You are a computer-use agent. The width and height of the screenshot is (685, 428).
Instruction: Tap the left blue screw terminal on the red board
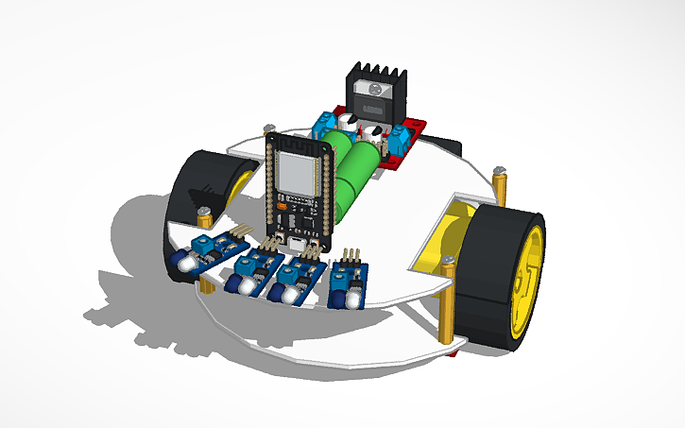pos(326,123)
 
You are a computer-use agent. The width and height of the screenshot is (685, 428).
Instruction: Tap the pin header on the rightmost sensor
pos(351,256)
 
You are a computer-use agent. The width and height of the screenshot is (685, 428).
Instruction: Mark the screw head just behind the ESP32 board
pos(269,128)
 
